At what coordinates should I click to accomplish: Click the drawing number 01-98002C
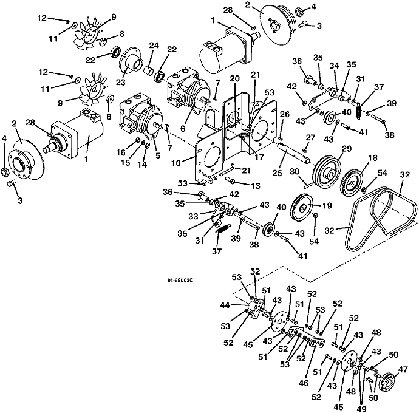point(180,280)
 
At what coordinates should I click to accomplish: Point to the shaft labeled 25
point(293,152)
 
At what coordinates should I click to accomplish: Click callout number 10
point(176,163)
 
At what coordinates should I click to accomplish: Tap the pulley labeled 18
point(352,183)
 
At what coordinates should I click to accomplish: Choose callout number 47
point(403,369)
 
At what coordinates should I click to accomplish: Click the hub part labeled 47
point(388,381)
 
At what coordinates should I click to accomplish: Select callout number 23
point(120,82)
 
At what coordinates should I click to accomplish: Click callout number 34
point(334,66)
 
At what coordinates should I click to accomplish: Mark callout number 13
point(256,185)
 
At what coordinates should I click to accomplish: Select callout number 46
point(304,383)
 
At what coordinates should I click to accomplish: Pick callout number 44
point(225,305)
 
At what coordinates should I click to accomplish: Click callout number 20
point(235,78)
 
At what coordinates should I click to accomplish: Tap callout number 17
point(259,157)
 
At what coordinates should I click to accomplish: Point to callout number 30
point(295,171)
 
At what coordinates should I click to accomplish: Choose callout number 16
point(121,152)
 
